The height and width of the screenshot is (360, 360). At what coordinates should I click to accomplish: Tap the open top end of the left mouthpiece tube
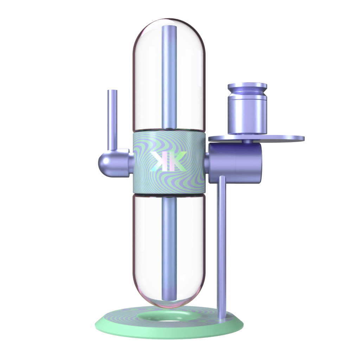(x=113, y=91)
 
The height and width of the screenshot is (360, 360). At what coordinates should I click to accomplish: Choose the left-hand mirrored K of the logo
(x=158, y=162)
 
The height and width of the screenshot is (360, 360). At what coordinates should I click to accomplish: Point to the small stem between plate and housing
(x=248, y=141)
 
